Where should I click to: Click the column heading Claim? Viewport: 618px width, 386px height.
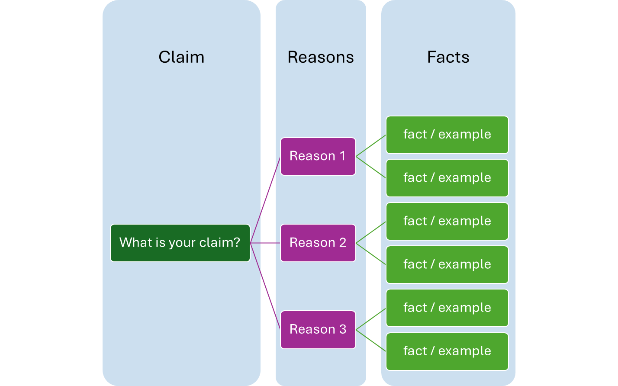(181, 57)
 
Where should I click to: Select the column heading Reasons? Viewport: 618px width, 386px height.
(321, 57)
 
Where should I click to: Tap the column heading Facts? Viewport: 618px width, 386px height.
(448, 57)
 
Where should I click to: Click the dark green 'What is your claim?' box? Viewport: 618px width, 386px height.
(180, 243)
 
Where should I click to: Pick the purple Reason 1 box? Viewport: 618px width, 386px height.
(318, 156)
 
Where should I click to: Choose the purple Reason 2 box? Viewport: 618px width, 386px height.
(318, 243)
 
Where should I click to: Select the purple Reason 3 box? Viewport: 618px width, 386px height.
(318, 329)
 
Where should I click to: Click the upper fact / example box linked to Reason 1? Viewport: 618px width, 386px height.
(447, 135)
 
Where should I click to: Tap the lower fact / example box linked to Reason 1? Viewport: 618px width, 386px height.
(447, 178)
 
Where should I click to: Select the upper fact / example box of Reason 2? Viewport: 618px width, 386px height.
(447, 221)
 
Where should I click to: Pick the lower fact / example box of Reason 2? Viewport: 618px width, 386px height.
(447, 264)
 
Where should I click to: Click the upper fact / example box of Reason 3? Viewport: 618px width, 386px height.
(447, 308)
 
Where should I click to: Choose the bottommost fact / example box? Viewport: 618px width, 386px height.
(447, 351)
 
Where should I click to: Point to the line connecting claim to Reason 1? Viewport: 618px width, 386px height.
(265, 199)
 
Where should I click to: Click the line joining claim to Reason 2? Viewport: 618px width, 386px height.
(265, 243)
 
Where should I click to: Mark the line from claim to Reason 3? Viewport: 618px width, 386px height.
(265, 286)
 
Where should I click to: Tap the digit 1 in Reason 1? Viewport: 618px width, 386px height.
(342, 156)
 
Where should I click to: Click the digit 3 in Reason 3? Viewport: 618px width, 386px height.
(343, 329)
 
